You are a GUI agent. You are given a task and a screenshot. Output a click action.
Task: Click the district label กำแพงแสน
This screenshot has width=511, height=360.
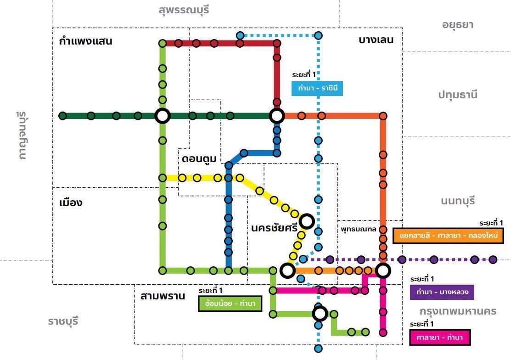point(86,41)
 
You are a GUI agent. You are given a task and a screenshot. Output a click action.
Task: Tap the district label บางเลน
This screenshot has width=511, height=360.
point(376,40)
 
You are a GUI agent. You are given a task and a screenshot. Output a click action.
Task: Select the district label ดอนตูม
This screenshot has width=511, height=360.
point(199,159)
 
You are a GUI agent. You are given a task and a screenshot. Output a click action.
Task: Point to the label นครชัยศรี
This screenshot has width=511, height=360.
point(275,228)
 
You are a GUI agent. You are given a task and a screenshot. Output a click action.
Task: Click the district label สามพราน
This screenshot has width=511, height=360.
point(163,296)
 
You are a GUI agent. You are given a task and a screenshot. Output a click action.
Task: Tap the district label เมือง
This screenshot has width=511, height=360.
point(71,202)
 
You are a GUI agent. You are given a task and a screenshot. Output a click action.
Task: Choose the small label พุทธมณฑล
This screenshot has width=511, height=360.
point(358,228)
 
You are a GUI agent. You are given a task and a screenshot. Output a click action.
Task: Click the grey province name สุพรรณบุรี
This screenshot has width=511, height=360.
point(184,10)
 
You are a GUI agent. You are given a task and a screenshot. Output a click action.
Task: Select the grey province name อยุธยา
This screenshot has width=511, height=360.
point(457,25)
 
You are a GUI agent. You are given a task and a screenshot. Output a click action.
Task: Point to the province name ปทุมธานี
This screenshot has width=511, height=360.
point(457,95)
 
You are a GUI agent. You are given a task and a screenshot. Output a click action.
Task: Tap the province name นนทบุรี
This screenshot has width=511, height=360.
point(457,201)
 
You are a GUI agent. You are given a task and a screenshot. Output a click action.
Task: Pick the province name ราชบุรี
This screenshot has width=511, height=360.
point(63,321)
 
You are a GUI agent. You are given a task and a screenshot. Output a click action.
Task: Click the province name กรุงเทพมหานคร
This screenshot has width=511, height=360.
point(457,311)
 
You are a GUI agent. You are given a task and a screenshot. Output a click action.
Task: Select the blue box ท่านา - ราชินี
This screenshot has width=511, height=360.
point(317,88)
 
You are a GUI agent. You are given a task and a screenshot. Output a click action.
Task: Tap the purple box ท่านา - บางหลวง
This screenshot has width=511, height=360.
point(441,292)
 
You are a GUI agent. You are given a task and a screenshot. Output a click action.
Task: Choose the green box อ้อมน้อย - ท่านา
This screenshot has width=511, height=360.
point(230,304)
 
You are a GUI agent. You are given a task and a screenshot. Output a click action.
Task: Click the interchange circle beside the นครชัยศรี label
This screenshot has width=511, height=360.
point(307,221)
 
